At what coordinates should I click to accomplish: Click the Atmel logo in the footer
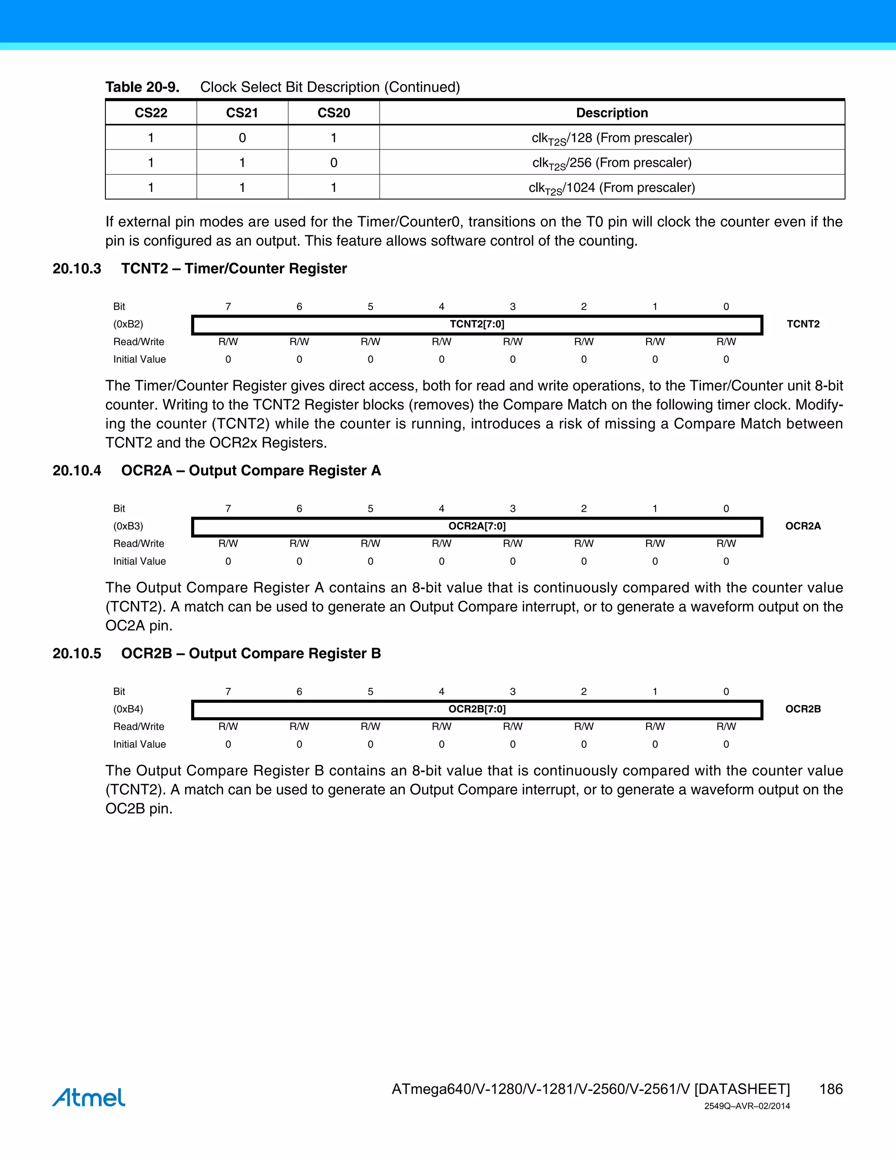coord(89,1097)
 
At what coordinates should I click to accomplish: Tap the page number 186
coord(831,1089)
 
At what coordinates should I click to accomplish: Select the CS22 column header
coord(151,112)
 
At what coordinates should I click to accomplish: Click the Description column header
coord(612,112)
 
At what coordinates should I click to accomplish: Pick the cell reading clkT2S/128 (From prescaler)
coord(612,138)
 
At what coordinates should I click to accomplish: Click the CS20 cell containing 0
coord(333,162)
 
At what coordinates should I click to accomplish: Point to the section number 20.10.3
coord(77,269)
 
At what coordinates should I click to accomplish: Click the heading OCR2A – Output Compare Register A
coord(251,471)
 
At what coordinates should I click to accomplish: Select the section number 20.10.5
coord(77,653)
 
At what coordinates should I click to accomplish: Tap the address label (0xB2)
coord(128,324)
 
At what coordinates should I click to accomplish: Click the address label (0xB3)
coord(128,526)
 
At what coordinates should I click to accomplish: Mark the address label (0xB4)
coord(128,709)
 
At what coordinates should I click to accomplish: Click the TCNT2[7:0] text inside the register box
coord(477,324)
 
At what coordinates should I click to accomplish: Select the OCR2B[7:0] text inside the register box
coord(477,709)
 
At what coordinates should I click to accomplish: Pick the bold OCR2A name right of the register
coord(802,526)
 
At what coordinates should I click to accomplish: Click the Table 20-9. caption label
coord(142,87)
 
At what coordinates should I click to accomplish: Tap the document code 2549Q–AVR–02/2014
coord(747,1107)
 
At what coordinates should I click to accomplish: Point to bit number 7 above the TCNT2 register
coord(228,307)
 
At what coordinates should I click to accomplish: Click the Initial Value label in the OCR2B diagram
coord(139,744)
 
